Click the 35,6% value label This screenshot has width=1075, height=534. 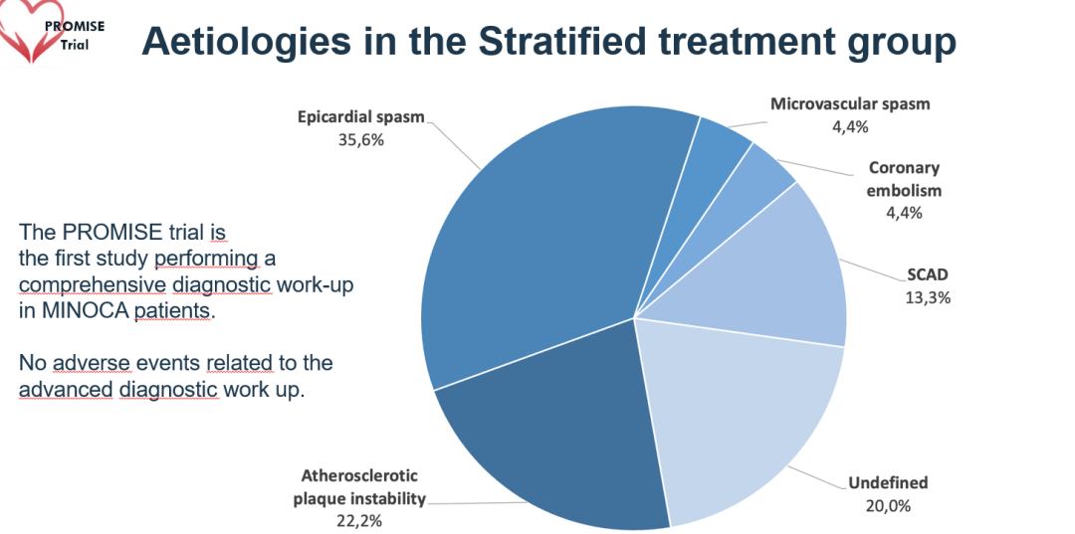tap(361, 139)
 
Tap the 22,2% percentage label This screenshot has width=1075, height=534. tap(359, 519)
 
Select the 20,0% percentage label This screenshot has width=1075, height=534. tap(888, 504)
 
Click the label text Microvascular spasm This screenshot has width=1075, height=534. tap(850, 103)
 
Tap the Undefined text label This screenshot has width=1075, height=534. tap(888, 483)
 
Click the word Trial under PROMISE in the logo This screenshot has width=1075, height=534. tap(80, 45)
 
